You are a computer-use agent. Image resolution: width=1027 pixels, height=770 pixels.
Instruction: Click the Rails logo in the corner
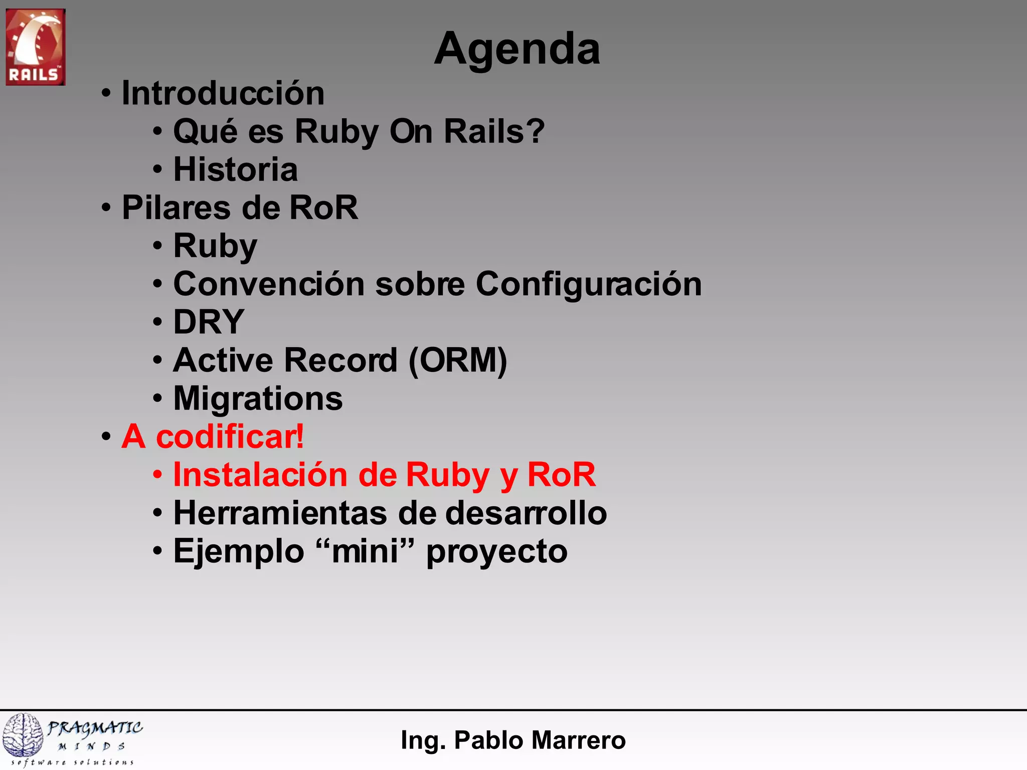35,47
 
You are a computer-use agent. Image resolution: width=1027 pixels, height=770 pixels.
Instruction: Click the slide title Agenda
517,49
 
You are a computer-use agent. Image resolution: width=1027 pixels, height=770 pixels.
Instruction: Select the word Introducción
223,93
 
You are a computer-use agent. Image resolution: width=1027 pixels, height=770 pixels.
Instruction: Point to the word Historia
235,169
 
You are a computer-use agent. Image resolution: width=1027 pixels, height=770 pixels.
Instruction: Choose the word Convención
269,284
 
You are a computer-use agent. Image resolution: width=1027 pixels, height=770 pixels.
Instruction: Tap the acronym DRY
209,322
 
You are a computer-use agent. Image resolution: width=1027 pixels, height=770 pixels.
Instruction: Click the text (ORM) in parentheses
458,360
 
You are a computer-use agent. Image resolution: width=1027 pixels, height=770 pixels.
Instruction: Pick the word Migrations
258,399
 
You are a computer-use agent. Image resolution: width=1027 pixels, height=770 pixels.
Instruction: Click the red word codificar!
230,437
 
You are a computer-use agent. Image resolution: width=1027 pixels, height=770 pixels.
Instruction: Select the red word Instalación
260,475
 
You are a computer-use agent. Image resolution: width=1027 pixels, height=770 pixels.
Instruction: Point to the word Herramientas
280,513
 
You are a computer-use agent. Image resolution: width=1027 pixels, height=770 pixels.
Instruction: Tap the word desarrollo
526,513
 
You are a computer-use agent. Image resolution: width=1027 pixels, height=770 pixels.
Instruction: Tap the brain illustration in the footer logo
23,735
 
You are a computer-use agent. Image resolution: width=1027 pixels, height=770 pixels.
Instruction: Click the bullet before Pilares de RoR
106,208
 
